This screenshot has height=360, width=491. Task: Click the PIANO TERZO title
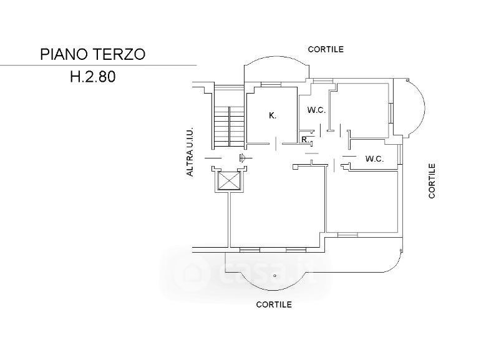click(x=93, y=54)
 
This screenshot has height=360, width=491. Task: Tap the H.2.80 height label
click(x=93, y=77)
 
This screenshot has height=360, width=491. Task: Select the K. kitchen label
click(x=273, y=115)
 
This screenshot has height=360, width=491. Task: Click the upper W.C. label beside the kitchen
click(x=316, y=110)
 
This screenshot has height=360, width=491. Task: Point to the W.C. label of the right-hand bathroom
click(x=374, y=158)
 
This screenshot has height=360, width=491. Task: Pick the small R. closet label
click(x=305, y=139)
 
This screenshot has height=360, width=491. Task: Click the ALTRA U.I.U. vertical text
click(x=190, y=152)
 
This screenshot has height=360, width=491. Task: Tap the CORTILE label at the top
click(x=326, y=49)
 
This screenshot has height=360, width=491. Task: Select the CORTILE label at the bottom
click(x=274, y=304)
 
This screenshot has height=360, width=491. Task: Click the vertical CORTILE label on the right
click(x=432, y=181)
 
